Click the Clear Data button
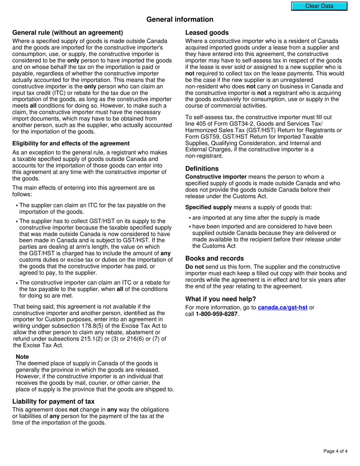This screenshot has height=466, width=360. pos(319,6)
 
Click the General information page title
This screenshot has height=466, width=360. pos(180,19)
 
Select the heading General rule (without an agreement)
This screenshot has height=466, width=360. pos(67,33)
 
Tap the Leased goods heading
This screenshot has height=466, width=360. pos(207,33)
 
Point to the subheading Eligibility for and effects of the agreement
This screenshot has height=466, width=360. pos(71,143)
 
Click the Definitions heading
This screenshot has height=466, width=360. pos(202,169)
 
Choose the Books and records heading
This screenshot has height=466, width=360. pos(214,258)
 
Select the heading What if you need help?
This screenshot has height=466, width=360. pos(221,299)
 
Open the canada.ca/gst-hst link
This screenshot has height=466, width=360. pos(282,308)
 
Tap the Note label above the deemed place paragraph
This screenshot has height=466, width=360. pos(22,357)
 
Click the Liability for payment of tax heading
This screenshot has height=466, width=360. pos(53,401)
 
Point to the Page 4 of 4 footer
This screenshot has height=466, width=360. pos(335,451)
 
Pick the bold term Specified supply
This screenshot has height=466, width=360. pos(208,207)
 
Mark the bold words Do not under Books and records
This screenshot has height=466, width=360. pos(194,267)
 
